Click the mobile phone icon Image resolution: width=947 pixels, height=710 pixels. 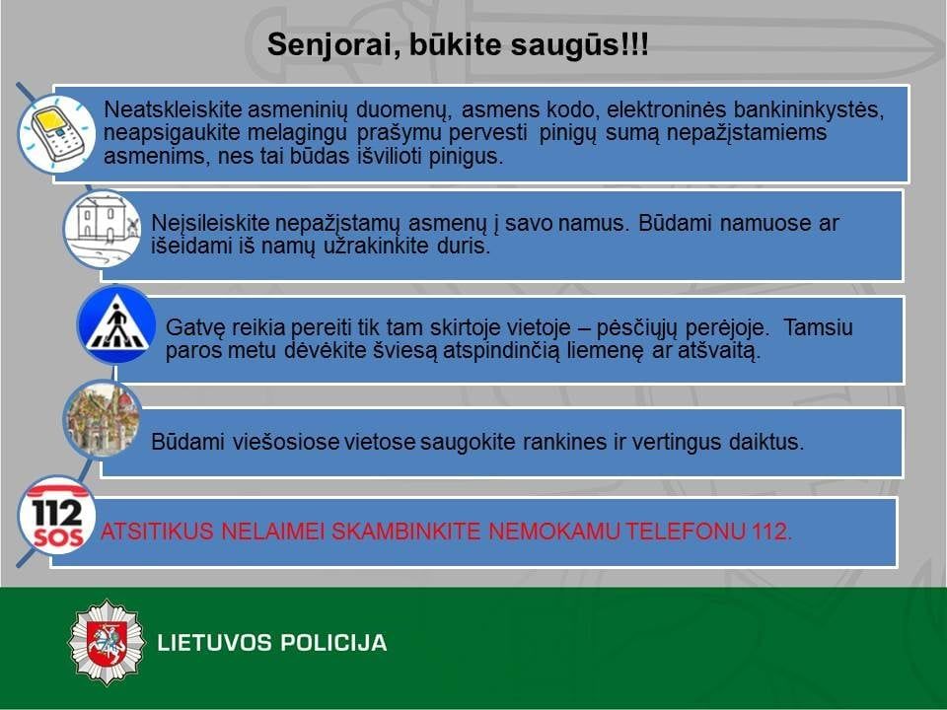(55, 133)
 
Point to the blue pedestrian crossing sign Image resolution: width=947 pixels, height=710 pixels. (116, 324)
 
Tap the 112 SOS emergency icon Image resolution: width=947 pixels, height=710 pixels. (57, 515)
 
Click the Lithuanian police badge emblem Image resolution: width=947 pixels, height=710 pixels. (107, 642)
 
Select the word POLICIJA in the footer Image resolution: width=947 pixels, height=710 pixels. (333, 642)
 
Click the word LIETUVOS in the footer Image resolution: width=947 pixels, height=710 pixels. (214, 642)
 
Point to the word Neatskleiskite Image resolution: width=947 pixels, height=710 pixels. (173, 109)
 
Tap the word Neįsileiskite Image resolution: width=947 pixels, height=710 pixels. (210, 224)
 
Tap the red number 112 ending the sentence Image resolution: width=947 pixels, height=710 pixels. (771, 532)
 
